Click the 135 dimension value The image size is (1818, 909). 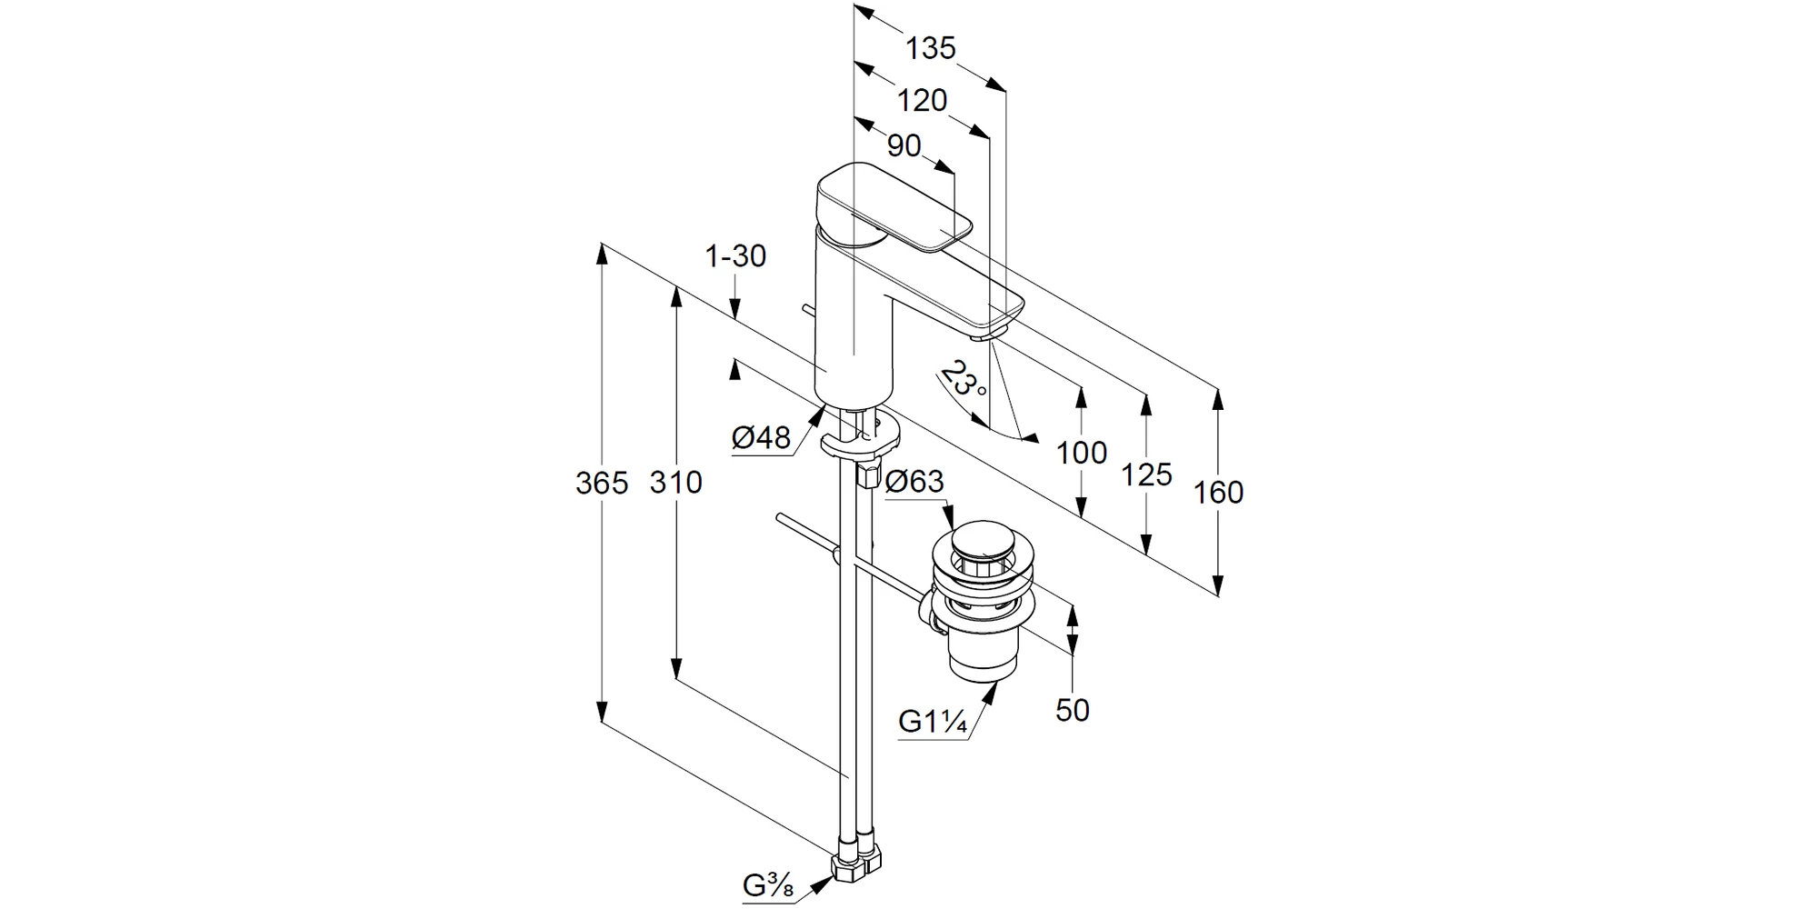coord(930,48)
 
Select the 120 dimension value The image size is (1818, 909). coord(922,100)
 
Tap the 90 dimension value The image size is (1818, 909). coord(904,145)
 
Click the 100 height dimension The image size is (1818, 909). coord(1081,452)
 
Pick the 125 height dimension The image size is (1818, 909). coord(1146,474)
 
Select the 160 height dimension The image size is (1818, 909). coord(1218,492)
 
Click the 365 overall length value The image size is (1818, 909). coord(601,483)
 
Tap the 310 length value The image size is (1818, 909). coord(675,483)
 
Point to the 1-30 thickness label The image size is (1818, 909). coord(735,256)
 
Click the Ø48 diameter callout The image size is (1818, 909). coord(761,438)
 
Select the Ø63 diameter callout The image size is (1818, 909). coord(914,481)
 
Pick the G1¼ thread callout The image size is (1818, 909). coord(932,721)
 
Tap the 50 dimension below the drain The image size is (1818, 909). coord(1072,710)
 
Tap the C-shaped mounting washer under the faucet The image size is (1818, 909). coord(860,442)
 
